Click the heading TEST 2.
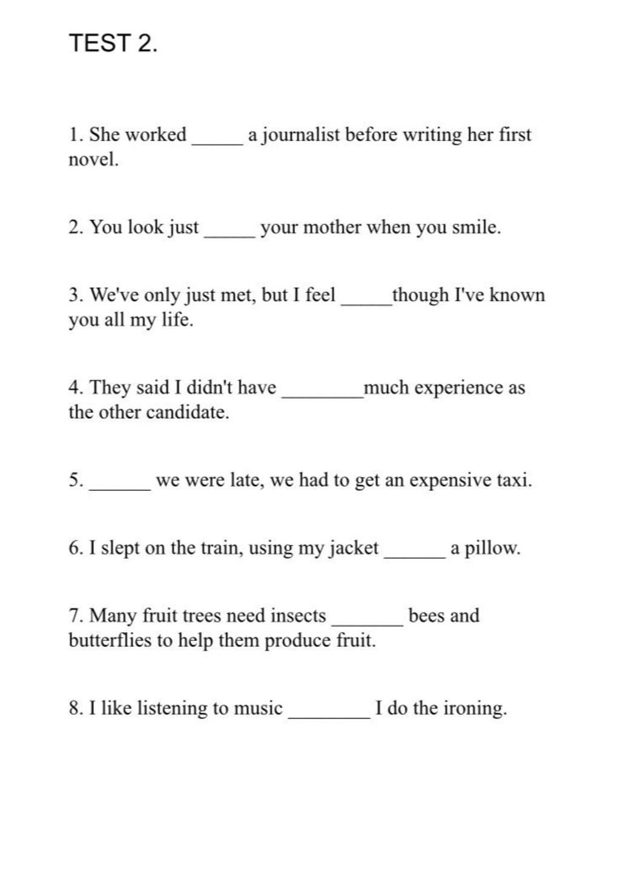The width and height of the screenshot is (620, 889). click(x=113, y=44)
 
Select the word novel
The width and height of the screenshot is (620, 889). click(x=93, y=160)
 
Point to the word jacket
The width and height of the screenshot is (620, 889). click(x=354, y=548)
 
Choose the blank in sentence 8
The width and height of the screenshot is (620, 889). click(x=329, y=716)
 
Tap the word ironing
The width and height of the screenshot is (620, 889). click(x=475, y=708)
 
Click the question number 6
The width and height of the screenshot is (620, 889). click(x=75, y=548)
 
